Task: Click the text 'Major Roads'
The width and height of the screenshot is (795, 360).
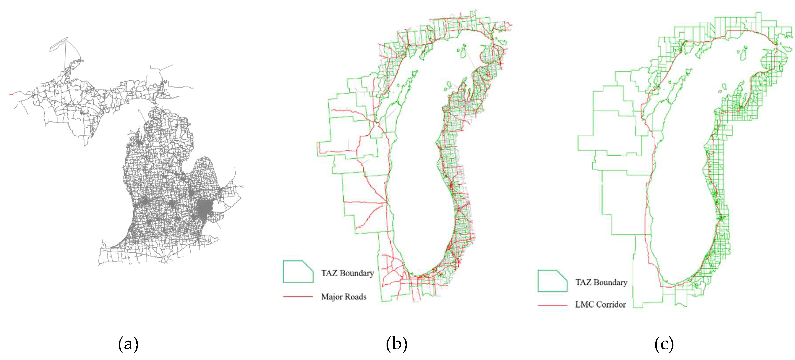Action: [343, 297]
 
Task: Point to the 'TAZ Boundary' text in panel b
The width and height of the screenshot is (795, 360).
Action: [347, 273]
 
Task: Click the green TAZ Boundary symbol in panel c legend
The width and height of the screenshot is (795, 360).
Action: [552, 281]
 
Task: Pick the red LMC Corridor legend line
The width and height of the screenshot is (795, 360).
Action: [552, 305]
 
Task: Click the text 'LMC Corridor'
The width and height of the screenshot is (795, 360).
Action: [600, 305]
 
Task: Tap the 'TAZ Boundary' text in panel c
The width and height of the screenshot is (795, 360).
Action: [601, 282]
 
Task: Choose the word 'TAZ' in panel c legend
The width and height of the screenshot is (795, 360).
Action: [583, 282]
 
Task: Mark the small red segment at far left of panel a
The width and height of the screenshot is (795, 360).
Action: [11, 94]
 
